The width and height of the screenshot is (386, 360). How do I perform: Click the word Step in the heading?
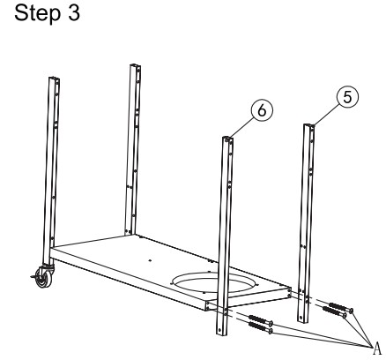tap(38, 13)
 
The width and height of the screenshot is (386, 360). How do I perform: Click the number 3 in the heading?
tap(74, 12)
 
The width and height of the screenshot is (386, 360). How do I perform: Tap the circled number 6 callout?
tap(262, 110)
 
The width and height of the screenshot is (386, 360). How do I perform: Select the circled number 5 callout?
tap(347, 97)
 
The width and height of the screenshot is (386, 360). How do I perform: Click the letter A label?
tap(377, 349)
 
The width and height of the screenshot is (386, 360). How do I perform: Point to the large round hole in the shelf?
tap(214, 282)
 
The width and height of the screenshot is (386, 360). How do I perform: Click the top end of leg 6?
tap(227, 139)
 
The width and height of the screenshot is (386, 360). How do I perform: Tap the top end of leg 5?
tap(309, 125)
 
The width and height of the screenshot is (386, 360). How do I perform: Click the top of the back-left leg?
tap(54, 79)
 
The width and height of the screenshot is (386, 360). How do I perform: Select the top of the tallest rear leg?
tap(135, 65)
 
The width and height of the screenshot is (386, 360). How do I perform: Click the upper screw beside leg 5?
tap(341, 307)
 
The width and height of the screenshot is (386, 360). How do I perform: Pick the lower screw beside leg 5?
tap(335, 311)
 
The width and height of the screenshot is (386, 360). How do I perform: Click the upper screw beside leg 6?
tap(261, 319)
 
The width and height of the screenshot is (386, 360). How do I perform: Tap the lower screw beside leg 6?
tap(260, 326)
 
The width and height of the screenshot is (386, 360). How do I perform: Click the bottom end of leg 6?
tap(221, 333)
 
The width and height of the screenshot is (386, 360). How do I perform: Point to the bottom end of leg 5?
tap(302, 320)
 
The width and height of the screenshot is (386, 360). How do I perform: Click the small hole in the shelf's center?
tap(150, 260)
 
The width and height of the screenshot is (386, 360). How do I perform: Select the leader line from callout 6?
tap(241, 128)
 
